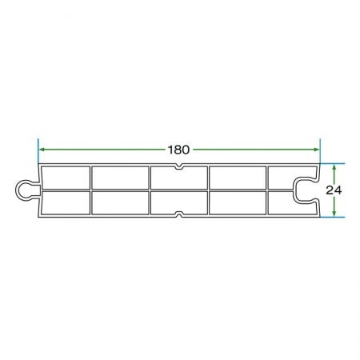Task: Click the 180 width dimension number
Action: (x=178, y=150)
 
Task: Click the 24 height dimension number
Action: (x=334, y=190)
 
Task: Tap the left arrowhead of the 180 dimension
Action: (x=42, y=150)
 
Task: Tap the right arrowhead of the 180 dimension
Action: (x=316, y=150)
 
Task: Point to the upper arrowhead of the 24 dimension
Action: (x=334, y=167)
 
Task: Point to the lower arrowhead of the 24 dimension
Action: (x=334, y=213)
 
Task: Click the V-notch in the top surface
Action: (x=179, y=166)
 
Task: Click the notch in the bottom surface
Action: (x=179, y=214)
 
